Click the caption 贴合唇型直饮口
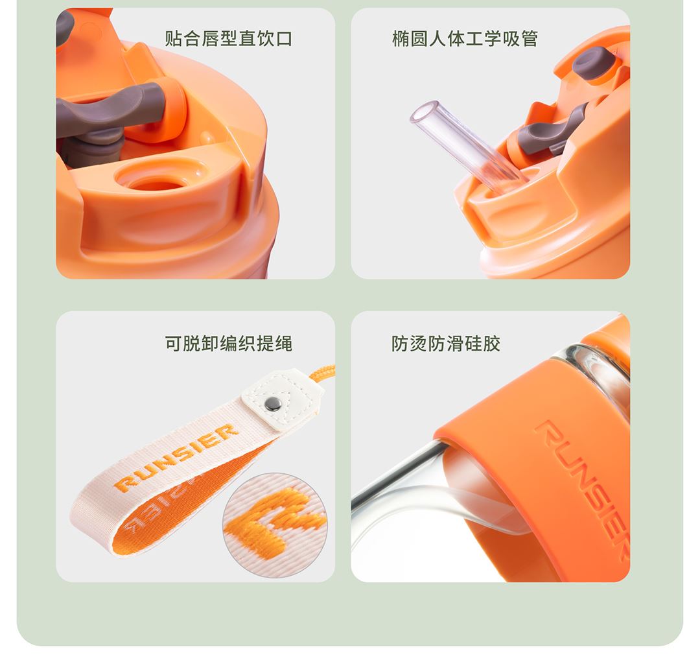tap(229, 38)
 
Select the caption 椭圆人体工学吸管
tap(465, 38)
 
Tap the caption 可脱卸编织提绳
tap(229, 344)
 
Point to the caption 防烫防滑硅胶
tap(446, 344)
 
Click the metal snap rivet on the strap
tap(272, 404)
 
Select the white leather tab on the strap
tap(282, 399)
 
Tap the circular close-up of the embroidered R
tap(275, 525)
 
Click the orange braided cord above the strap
tap(322, 373)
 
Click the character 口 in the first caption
tap(284, 38)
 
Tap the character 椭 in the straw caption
tap(401, 38)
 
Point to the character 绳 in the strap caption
tap(284, 344)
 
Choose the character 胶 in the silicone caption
tap(492, 344)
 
